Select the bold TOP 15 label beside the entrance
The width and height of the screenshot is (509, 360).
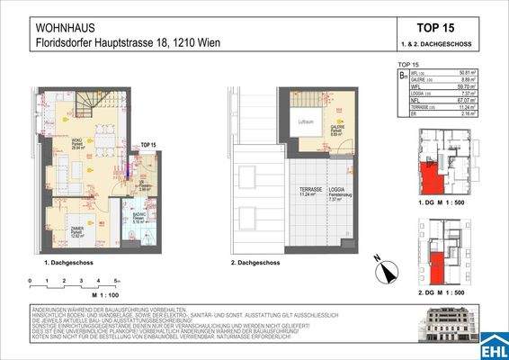148,144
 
